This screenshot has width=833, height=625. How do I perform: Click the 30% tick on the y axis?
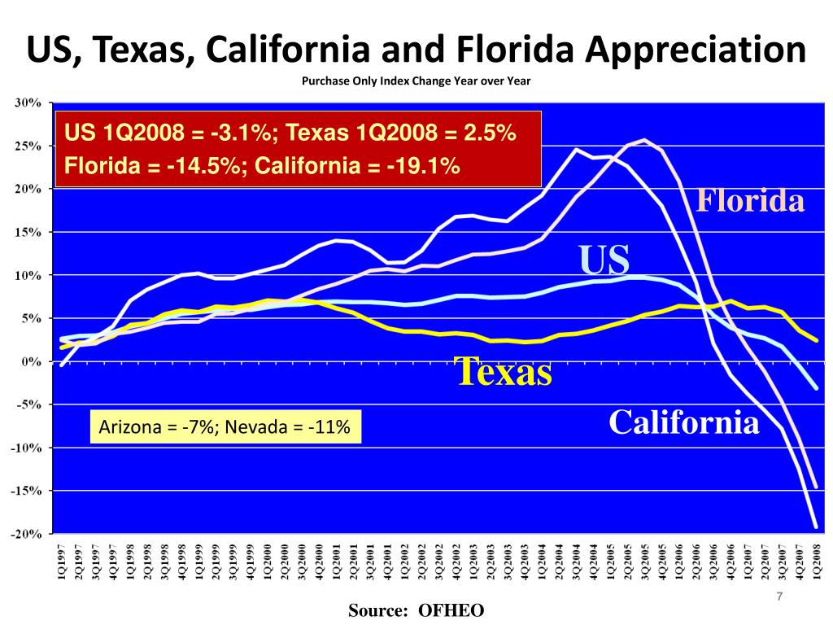click(x=29, y=103)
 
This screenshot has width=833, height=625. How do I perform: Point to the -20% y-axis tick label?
click(x=26, y=534)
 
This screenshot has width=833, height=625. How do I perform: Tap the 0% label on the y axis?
click(x=33, y=361)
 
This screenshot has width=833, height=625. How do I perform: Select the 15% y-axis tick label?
click(x=29, y=232)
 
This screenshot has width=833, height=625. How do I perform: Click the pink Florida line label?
click(x=749, y=200)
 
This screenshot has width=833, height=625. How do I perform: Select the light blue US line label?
click(x=604, y=260)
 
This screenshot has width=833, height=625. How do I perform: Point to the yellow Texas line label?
click(x=504, y=372)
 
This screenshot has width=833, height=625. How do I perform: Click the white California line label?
click(x=684, y=422)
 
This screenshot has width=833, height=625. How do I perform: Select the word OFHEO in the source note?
click(x=451, y=610)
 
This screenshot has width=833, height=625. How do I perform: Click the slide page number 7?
click(x=779, y=598)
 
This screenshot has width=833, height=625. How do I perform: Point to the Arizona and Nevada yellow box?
click(x=224, y=427)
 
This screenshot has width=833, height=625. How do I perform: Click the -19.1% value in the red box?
click(x=424, y=166)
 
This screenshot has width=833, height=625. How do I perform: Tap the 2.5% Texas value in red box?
click(x=491, y=132)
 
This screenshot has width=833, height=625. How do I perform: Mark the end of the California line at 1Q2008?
click(x=816, y=526)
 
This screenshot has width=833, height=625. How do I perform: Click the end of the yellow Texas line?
click(x=816, y=339)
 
